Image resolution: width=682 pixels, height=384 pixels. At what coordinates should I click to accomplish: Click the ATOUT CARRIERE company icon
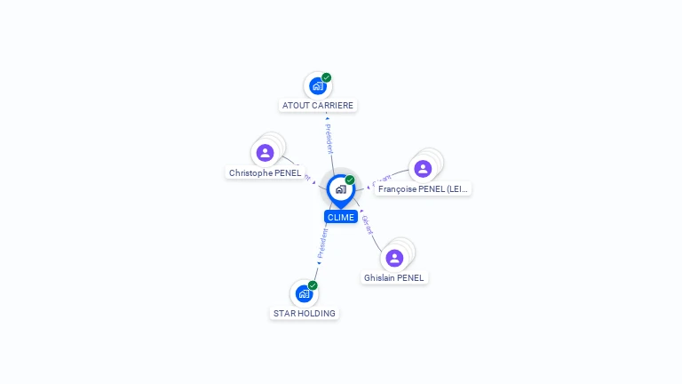click(317, 86)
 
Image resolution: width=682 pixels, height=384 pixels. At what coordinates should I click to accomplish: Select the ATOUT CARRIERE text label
click(318, 105)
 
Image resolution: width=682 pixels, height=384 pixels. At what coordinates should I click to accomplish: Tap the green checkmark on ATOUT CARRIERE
click(327, 77)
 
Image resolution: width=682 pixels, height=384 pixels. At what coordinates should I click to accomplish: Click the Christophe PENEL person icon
click(265, 153)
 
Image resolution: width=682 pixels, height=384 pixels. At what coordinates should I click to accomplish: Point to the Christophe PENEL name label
click(265, 172)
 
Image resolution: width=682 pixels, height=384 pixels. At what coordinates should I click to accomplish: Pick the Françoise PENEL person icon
click(423, 169)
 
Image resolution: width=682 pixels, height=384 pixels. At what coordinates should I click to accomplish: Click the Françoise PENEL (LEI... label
click(422, 188)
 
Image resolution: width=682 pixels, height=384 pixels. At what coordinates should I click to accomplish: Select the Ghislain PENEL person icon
click(394, 258)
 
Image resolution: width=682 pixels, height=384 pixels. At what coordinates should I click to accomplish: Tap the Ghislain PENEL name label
click(394, 277)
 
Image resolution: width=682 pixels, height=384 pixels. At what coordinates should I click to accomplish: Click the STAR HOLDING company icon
click(304, 293)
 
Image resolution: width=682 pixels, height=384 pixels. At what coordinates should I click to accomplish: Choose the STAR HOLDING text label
click(305, 313)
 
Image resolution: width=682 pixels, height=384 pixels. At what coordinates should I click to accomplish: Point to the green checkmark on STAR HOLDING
click(313, 285)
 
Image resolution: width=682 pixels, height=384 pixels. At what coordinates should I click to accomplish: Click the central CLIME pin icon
click(340, 189)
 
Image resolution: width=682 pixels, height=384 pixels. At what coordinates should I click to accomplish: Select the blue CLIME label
click(341, 217)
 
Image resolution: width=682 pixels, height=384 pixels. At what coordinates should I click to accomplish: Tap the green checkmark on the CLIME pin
click(350, 180)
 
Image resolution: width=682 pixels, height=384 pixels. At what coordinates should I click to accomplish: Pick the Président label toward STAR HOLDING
click(322, 242)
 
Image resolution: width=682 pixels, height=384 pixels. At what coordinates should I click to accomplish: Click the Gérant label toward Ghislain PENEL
click(368, 224)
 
